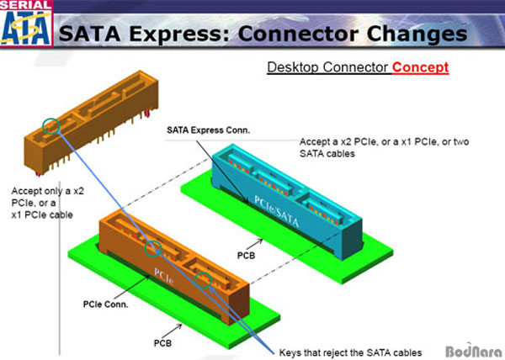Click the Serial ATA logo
point(26,24)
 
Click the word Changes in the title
point(417,34)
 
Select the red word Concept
point(420,67)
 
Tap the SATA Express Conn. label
point(209,130)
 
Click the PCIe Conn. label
point(106,304)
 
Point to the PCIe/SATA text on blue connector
point(276,211)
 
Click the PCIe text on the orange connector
point(164,277)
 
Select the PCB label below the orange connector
point(162,343)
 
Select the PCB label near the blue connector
point(246,256)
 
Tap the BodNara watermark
point(474,351)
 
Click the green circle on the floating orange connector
point(51,126)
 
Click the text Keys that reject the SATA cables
point(350,352)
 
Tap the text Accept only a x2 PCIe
point(48,197)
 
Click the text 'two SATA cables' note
point(384,148)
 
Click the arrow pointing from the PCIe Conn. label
point(131,287)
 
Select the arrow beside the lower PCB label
point(172,331)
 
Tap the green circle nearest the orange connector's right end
point(203,280)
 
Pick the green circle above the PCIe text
point(152,249)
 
